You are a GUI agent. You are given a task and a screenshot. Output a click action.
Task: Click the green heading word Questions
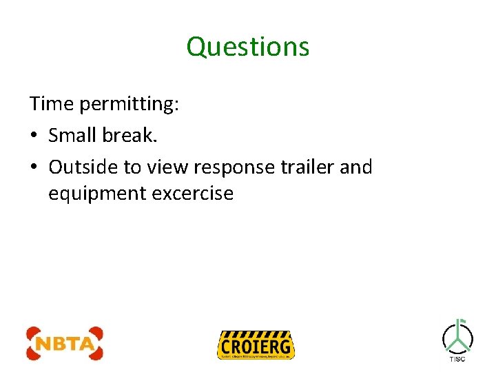[x=248, y=47]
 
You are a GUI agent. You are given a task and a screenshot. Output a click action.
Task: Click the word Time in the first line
[x=52, y=104]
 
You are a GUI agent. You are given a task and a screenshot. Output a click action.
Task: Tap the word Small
[x=73, y=136]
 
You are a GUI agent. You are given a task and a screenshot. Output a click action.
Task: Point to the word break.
[x=130, y=136]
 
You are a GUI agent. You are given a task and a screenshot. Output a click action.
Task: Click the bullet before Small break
[x=34, y=136]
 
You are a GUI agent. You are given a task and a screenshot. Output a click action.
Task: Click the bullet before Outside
[x=34, y=167]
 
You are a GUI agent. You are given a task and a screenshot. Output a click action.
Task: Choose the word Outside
[x=80, y=167]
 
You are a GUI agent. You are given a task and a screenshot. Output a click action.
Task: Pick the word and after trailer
[x=356, y=167]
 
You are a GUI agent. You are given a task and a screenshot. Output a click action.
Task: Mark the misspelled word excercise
[x=193, y=194]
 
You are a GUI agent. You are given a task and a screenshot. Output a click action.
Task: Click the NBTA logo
[x=65, y=343]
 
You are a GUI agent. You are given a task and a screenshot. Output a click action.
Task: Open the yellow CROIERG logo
[x=256, y=344]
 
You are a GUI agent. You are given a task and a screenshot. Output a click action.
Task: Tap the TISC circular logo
[x=457, y=336]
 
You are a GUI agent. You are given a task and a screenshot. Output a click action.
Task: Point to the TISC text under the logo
[x=457, y=359]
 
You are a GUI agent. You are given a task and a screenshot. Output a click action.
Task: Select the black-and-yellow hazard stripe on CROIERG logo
[x=256, y=334]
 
